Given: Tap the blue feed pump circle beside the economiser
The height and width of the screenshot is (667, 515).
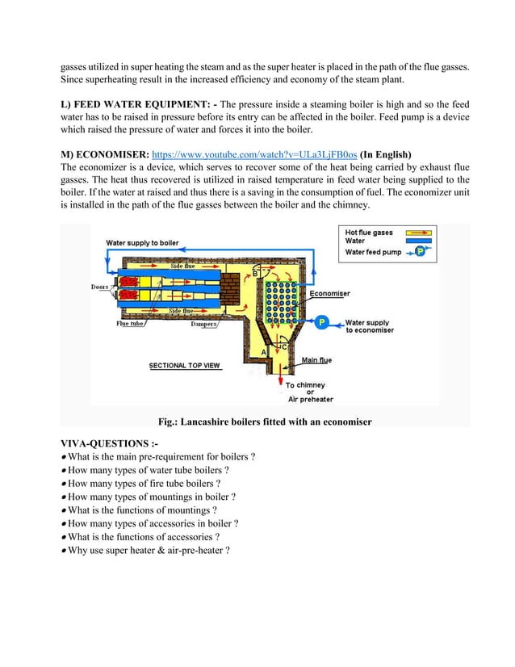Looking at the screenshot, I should pos(321,322).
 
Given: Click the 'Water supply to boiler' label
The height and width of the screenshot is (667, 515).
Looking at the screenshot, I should pos(143,242).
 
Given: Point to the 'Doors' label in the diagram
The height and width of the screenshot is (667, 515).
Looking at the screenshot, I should pos(98,286).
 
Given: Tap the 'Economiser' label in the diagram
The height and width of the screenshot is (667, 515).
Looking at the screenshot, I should pos(329,294).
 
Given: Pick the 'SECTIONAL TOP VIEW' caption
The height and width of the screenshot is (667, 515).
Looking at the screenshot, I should pos(184,366).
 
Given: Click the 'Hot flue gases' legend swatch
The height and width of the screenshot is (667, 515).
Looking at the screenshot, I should pos(412,233).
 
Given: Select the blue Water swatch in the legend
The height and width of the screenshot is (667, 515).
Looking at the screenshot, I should pos(412,241).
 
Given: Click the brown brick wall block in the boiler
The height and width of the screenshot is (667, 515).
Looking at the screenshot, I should pos(235,287).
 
